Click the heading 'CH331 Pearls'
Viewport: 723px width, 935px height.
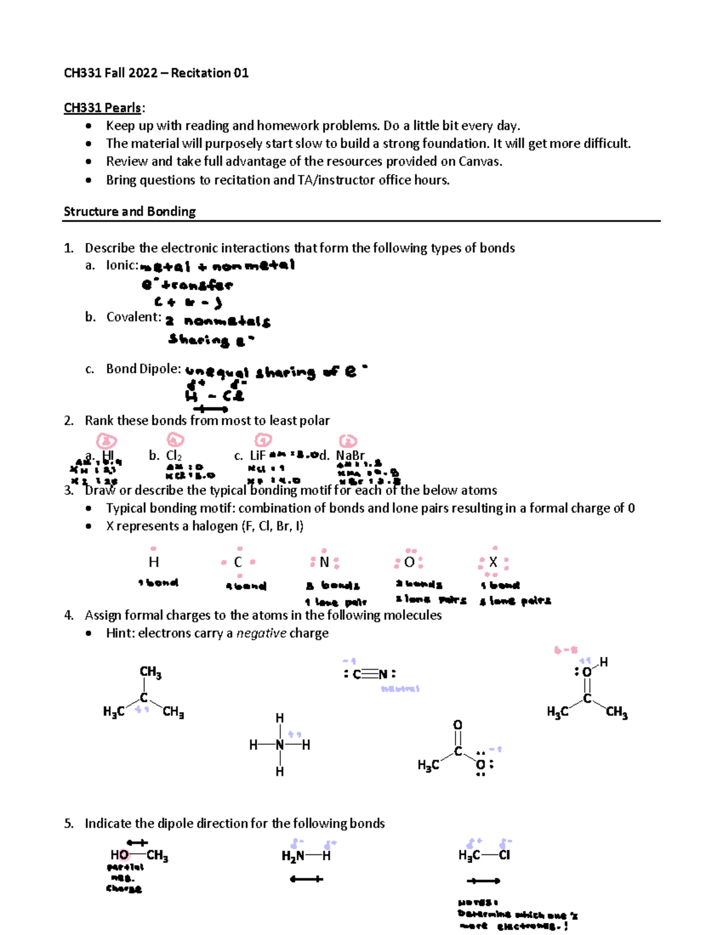point(103,108)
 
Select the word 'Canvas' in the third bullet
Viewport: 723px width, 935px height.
point(479,161)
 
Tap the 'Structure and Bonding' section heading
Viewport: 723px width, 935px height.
point(130,211)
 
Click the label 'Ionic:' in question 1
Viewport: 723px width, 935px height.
point(122,266)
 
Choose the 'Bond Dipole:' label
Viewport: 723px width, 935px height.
point(143,369)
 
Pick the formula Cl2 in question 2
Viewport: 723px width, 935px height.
point(174,456)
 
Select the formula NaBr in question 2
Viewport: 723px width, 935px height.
point(350,456)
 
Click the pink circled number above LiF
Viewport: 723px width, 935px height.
point(263,441)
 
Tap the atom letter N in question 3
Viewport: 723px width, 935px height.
point(324,562)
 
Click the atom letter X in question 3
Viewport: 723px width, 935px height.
point(493,562)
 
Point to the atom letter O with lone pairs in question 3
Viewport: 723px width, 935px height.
point(409,562)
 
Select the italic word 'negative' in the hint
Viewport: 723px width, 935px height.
point(261,633)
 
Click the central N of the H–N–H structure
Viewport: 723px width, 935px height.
point(280,745)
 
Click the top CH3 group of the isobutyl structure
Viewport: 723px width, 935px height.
point(150,672)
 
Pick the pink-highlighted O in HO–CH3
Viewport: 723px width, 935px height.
point(123,855)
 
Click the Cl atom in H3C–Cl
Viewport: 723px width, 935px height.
point(504,855)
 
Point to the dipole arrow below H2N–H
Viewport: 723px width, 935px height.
point(306,880)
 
